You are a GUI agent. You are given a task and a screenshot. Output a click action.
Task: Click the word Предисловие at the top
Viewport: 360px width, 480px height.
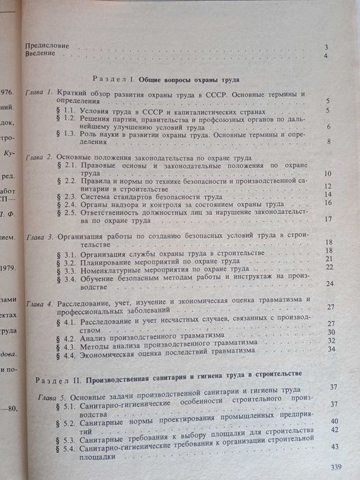tap(47, 45)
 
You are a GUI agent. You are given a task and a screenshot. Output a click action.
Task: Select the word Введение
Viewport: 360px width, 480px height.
tap(40, 56)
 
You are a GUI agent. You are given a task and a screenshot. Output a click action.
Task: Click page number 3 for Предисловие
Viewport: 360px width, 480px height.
tap(327, 46)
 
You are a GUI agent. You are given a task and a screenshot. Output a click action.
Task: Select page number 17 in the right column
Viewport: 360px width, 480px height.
tap(328, 219)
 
